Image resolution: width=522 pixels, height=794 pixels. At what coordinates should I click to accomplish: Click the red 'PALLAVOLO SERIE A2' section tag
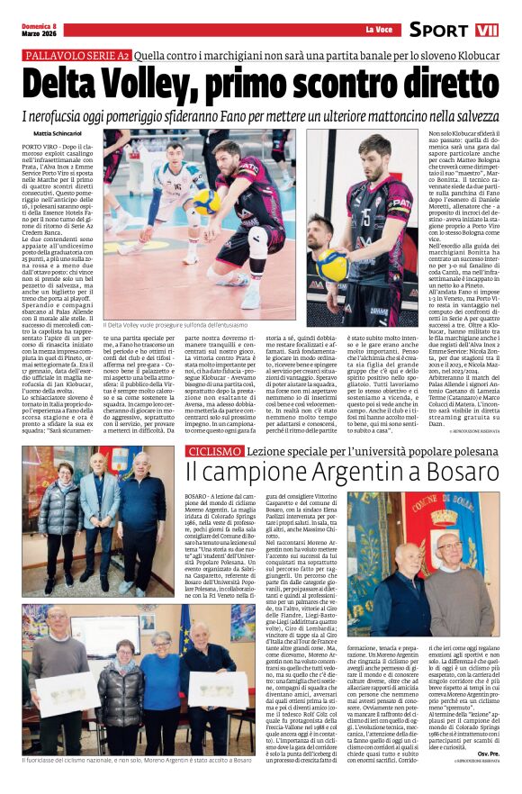(x=76, y=56)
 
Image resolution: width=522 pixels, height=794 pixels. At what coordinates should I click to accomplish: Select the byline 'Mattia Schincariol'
(x=56, y=133)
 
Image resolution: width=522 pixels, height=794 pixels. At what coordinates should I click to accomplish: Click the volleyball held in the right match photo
(x=335, y=264)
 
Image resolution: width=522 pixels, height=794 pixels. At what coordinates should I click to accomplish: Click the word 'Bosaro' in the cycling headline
(x=446, y=469)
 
